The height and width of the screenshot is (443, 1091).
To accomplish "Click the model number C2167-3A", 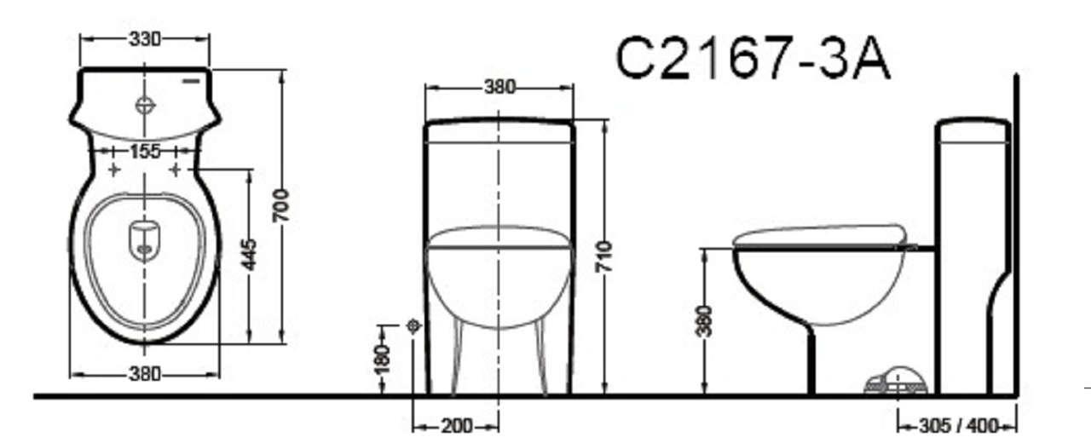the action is (x=753, y=58).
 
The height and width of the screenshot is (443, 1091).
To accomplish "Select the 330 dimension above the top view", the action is (x=145, y=39).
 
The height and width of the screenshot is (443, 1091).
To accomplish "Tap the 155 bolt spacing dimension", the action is (x=145, y=151).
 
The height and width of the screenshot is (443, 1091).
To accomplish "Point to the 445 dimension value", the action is (x=249, y=254).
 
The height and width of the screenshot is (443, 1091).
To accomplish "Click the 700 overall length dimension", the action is (x=281, y=205).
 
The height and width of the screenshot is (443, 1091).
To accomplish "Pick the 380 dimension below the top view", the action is (x=145, y=374).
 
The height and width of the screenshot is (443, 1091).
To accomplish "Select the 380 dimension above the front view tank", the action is (x=499, y=87).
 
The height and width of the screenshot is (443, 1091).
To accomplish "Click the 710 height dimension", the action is (x=604, y=256).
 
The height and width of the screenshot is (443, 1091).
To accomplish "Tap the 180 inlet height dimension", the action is (x=383, y=359).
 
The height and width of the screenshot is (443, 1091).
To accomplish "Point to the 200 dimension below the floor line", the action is (x=457, y=427).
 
